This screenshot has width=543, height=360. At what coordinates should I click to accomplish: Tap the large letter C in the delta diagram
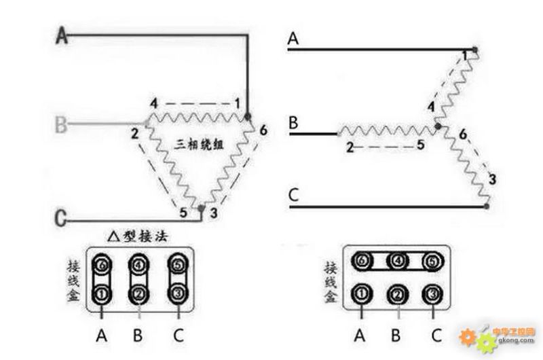[x=61, y=219]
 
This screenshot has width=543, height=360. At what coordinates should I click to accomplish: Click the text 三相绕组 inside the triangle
[x=200, y=144]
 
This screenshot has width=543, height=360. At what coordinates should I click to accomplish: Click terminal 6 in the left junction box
[x=102, y=264]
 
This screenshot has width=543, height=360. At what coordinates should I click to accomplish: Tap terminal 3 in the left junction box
[x=178, y=295]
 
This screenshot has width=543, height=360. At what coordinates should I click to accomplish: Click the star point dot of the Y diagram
[x=438, y=126]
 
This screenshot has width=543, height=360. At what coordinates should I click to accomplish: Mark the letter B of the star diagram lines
[x=294, y=124]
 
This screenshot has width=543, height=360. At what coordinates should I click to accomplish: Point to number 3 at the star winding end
[x=492, y=179]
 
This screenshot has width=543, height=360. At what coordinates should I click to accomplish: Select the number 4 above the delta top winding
[x=154, y=103]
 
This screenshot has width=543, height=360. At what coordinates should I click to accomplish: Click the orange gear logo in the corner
[x=468, y=336]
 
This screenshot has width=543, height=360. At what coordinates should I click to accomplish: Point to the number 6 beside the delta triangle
[x=263, y=130]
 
